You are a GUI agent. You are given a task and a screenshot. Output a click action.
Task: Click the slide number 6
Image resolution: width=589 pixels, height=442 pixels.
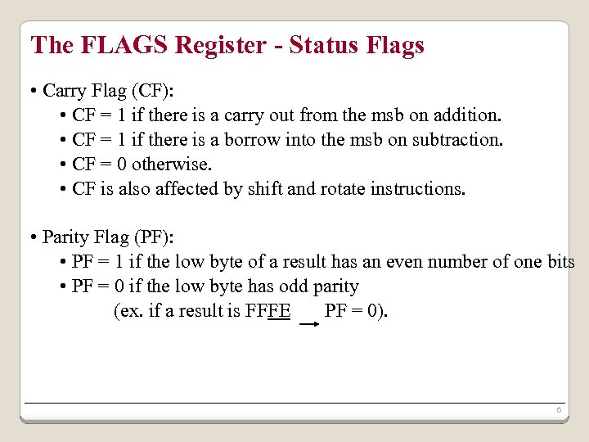(x=558, y=409)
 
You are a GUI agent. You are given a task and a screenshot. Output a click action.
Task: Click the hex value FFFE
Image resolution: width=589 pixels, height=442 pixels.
(x=268, y=311)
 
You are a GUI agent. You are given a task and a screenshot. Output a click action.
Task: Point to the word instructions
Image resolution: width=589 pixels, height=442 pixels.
(x=417, y=188)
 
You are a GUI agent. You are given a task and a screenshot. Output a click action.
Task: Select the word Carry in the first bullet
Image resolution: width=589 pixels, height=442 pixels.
(x=65, y=90)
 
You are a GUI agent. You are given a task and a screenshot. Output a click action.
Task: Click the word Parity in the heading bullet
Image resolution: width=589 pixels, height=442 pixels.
(x=65, y=237)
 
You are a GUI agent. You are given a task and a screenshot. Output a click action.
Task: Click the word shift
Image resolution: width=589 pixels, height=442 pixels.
(x=266, y=188)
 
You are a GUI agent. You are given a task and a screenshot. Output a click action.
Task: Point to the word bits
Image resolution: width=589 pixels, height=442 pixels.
(x=560, y=262)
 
